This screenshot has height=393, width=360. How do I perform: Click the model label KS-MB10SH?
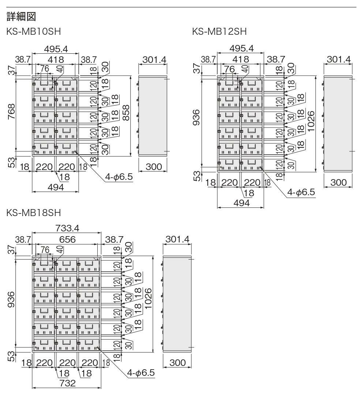point(34,32)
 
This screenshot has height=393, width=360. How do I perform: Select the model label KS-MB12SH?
point(219,32)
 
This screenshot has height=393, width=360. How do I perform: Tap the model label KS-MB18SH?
point(34,213)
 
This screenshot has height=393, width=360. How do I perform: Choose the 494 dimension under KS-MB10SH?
point(56,187)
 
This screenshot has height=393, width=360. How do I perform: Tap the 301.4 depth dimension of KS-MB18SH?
point(177,239)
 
